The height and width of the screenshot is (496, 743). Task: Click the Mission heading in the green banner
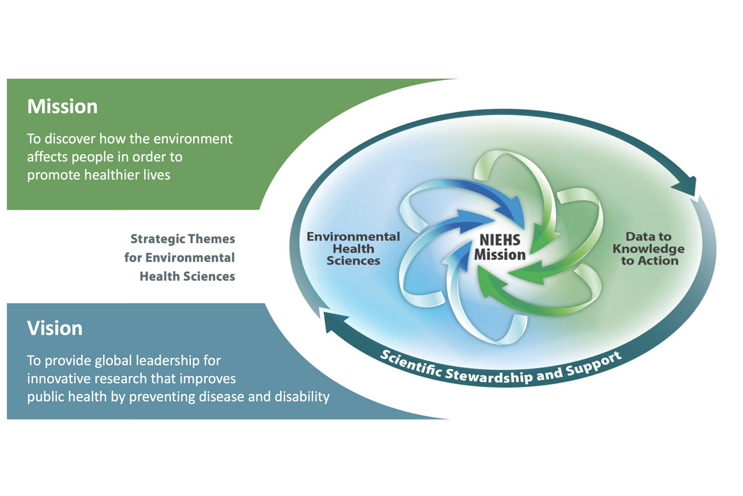[62, 107]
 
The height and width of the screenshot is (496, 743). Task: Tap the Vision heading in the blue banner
[55, 329]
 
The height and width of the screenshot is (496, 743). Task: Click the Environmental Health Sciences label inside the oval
[353, 248]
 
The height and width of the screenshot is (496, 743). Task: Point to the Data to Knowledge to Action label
[649, 249]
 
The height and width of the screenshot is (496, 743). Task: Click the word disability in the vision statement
[302, 397]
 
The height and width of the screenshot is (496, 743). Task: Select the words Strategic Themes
[182, 239]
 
